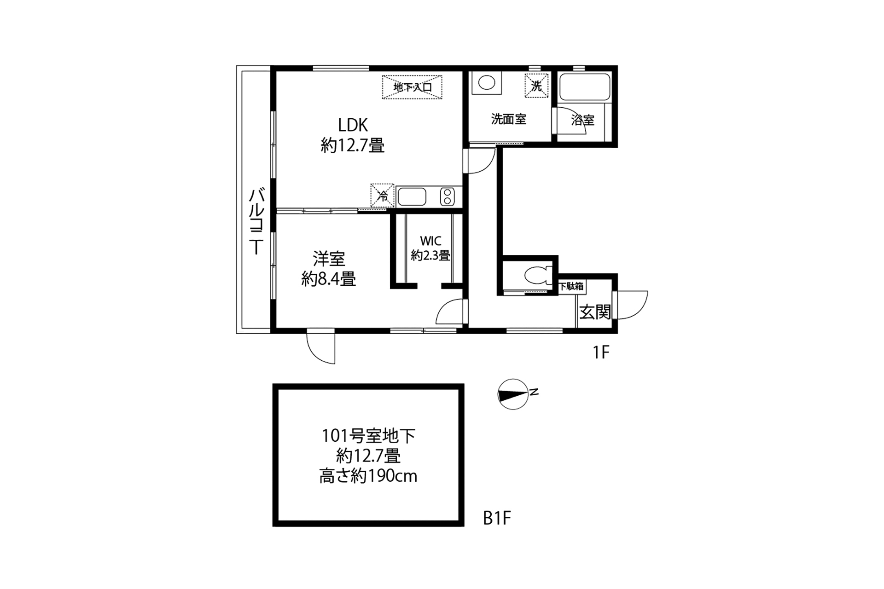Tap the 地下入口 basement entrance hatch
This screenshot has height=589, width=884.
(x=412, y=87)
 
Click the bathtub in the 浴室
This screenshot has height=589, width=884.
(x=584, y=87)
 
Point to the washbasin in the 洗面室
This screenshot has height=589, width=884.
(x=486, y=83)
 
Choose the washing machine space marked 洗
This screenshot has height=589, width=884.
(x=537, y=86)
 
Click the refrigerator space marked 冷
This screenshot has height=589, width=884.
(x=383, y=196)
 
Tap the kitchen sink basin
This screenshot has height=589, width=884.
(x=412, y=197)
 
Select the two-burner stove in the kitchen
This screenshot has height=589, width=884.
(x=447, y=197)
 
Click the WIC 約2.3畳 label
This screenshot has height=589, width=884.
(x=430, y=248)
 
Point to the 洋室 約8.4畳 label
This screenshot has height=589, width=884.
(x=329, y=269)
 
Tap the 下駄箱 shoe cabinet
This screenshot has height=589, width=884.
(x=571, y=286)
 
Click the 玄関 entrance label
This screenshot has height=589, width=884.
(x=595, y=312)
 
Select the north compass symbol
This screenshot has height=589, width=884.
(x=513, y=394)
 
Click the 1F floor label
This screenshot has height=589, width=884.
(x=601, y=352)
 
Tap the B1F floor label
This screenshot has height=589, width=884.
(x=497, y=519)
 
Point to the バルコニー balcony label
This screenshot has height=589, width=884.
(x=256, y=221)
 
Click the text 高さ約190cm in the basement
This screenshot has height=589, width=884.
(x=368, y=476)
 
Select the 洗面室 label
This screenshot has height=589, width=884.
(x=508, y=120)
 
